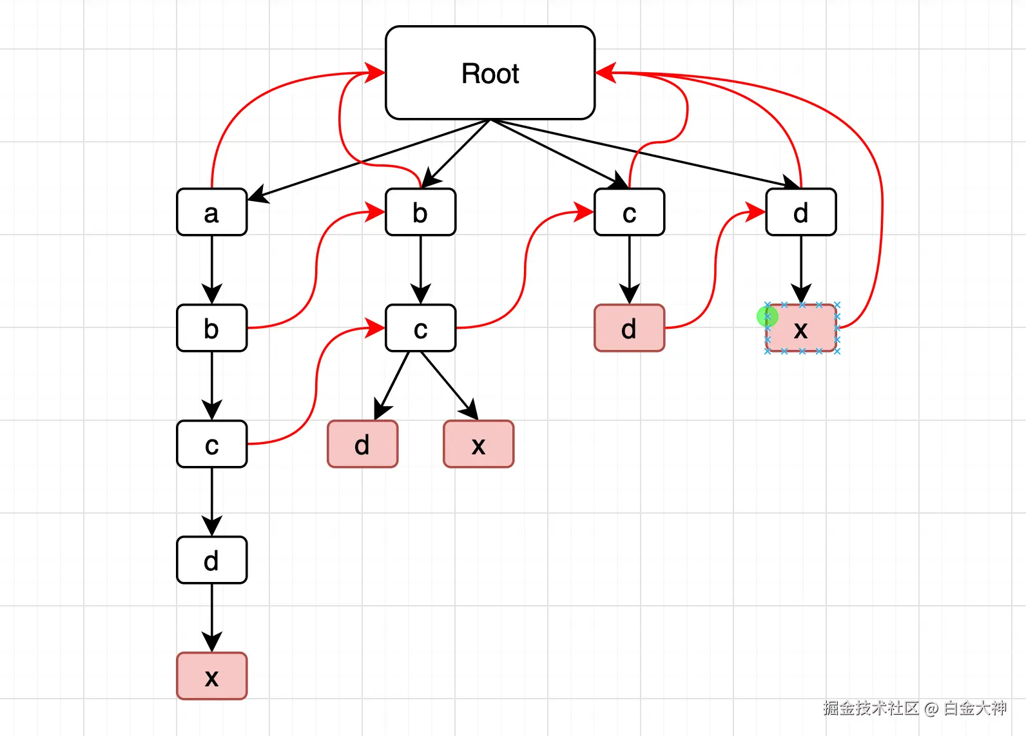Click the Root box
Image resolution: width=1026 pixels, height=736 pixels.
(490, 73)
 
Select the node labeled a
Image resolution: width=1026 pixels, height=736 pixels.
(211, 212)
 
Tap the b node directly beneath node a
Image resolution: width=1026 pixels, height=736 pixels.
(211, 328)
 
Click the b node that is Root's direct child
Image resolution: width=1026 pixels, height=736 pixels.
(420, 212)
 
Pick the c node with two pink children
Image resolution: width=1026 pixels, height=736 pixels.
(420, 328)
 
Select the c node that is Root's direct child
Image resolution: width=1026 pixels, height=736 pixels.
(630, 212)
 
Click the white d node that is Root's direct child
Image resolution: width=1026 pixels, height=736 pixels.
(801, 212)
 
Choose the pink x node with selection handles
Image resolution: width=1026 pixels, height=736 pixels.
(801, 328)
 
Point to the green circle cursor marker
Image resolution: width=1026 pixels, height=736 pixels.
(767, 316)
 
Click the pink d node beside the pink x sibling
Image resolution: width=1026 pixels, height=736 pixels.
(362, 444)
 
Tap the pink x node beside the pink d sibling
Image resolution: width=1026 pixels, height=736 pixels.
(479, 444)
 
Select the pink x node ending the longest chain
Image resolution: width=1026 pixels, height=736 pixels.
(211, 676)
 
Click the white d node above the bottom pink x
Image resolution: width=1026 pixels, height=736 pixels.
(211, 559)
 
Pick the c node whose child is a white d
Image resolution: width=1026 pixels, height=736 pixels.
(211, 444)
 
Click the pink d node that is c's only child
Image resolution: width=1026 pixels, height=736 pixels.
(630, 328)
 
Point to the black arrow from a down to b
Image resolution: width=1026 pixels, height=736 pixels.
(211, 270)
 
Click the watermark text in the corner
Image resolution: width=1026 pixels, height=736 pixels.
(915, 708)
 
